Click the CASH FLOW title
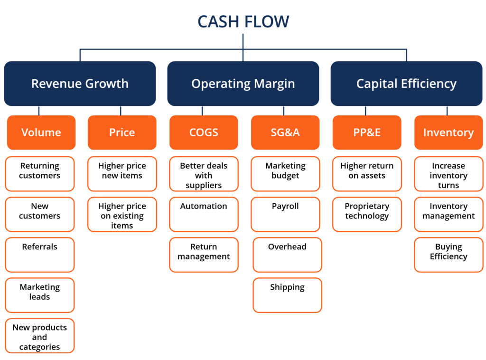(243, 22)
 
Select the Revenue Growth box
(80, 84)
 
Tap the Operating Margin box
(243, 84)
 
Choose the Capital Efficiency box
(406, 84)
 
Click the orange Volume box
(41, 133)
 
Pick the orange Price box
(122, 133)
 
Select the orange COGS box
(204, 133)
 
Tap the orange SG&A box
(285, 133)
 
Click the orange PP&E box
(367, 133)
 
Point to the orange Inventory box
(449, 133)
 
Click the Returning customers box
(40, 174)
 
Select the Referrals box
(40, 255)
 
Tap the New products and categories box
(40, 336)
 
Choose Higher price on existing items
(122, 215)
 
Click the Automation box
(204, 214)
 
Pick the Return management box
(204, 255)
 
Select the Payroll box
(285, 214)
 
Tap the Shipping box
(287, 295)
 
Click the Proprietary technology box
(367, 214)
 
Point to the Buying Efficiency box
(449, 255)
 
